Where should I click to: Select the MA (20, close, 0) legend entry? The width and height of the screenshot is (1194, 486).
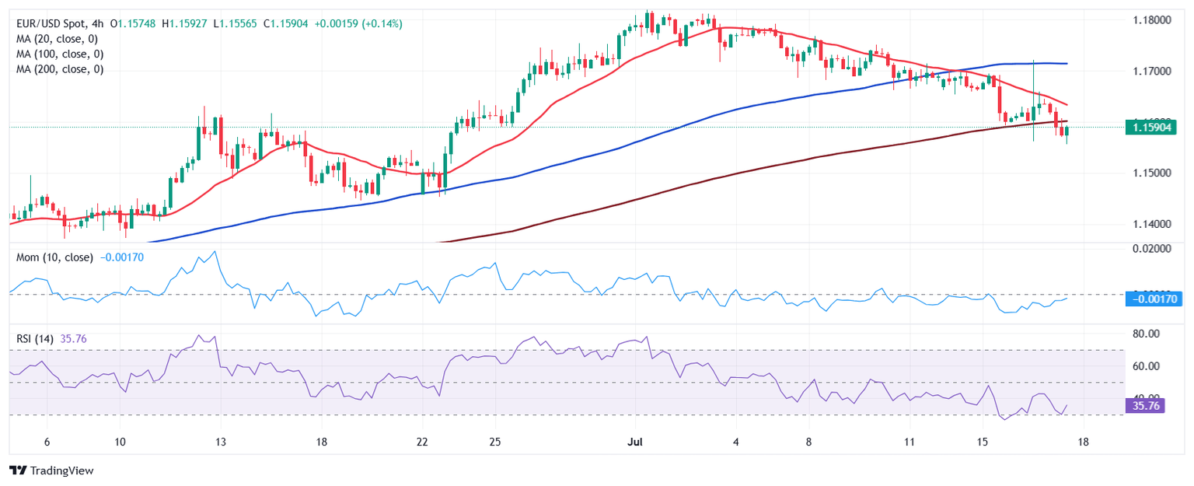click(59, 39)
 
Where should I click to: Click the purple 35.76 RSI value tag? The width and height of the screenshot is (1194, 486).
click(1144, 405)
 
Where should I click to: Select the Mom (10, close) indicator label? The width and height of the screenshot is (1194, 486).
click(54, 257)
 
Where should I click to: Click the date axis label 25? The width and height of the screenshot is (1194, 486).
click(495, 442)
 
